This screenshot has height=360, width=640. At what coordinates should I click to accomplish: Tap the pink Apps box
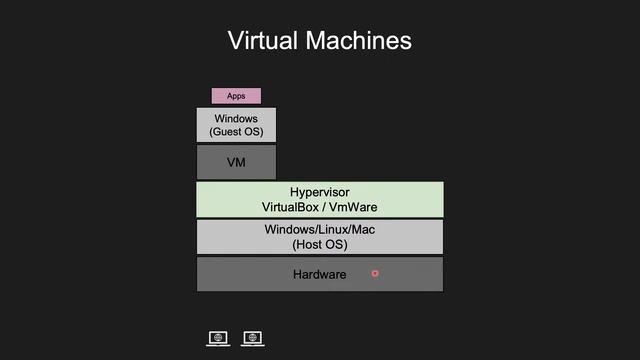pos(236,96)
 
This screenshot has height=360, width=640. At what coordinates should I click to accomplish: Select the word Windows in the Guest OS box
pos(236,119)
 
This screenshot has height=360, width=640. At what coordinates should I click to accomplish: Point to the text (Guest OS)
pos(236,132)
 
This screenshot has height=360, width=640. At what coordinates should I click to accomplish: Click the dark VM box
pos(236,161)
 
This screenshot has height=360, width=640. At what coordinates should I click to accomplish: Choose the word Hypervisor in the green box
pos(320,192)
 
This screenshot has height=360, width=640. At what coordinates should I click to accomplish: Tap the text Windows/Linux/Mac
pos(320,230)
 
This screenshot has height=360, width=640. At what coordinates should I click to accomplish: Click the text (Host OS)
pos(320,244)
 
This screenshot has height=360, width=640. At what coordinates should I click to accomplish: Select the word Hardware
pos(320,275)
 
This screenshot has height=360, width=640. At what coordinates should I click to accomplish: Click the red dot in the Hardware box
pos(375,273)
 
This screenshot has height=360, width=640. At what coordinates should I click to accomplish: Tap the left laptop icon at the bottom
pos(218,339)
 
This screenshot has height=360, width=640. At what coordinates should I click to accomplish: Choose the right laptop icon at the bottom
pos(253,339)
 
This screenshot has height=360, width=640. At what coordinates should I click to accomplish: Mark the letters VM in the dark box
pos(236,161)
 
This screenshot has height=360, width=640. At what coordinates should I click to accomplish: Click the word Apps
pos(236,96)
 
